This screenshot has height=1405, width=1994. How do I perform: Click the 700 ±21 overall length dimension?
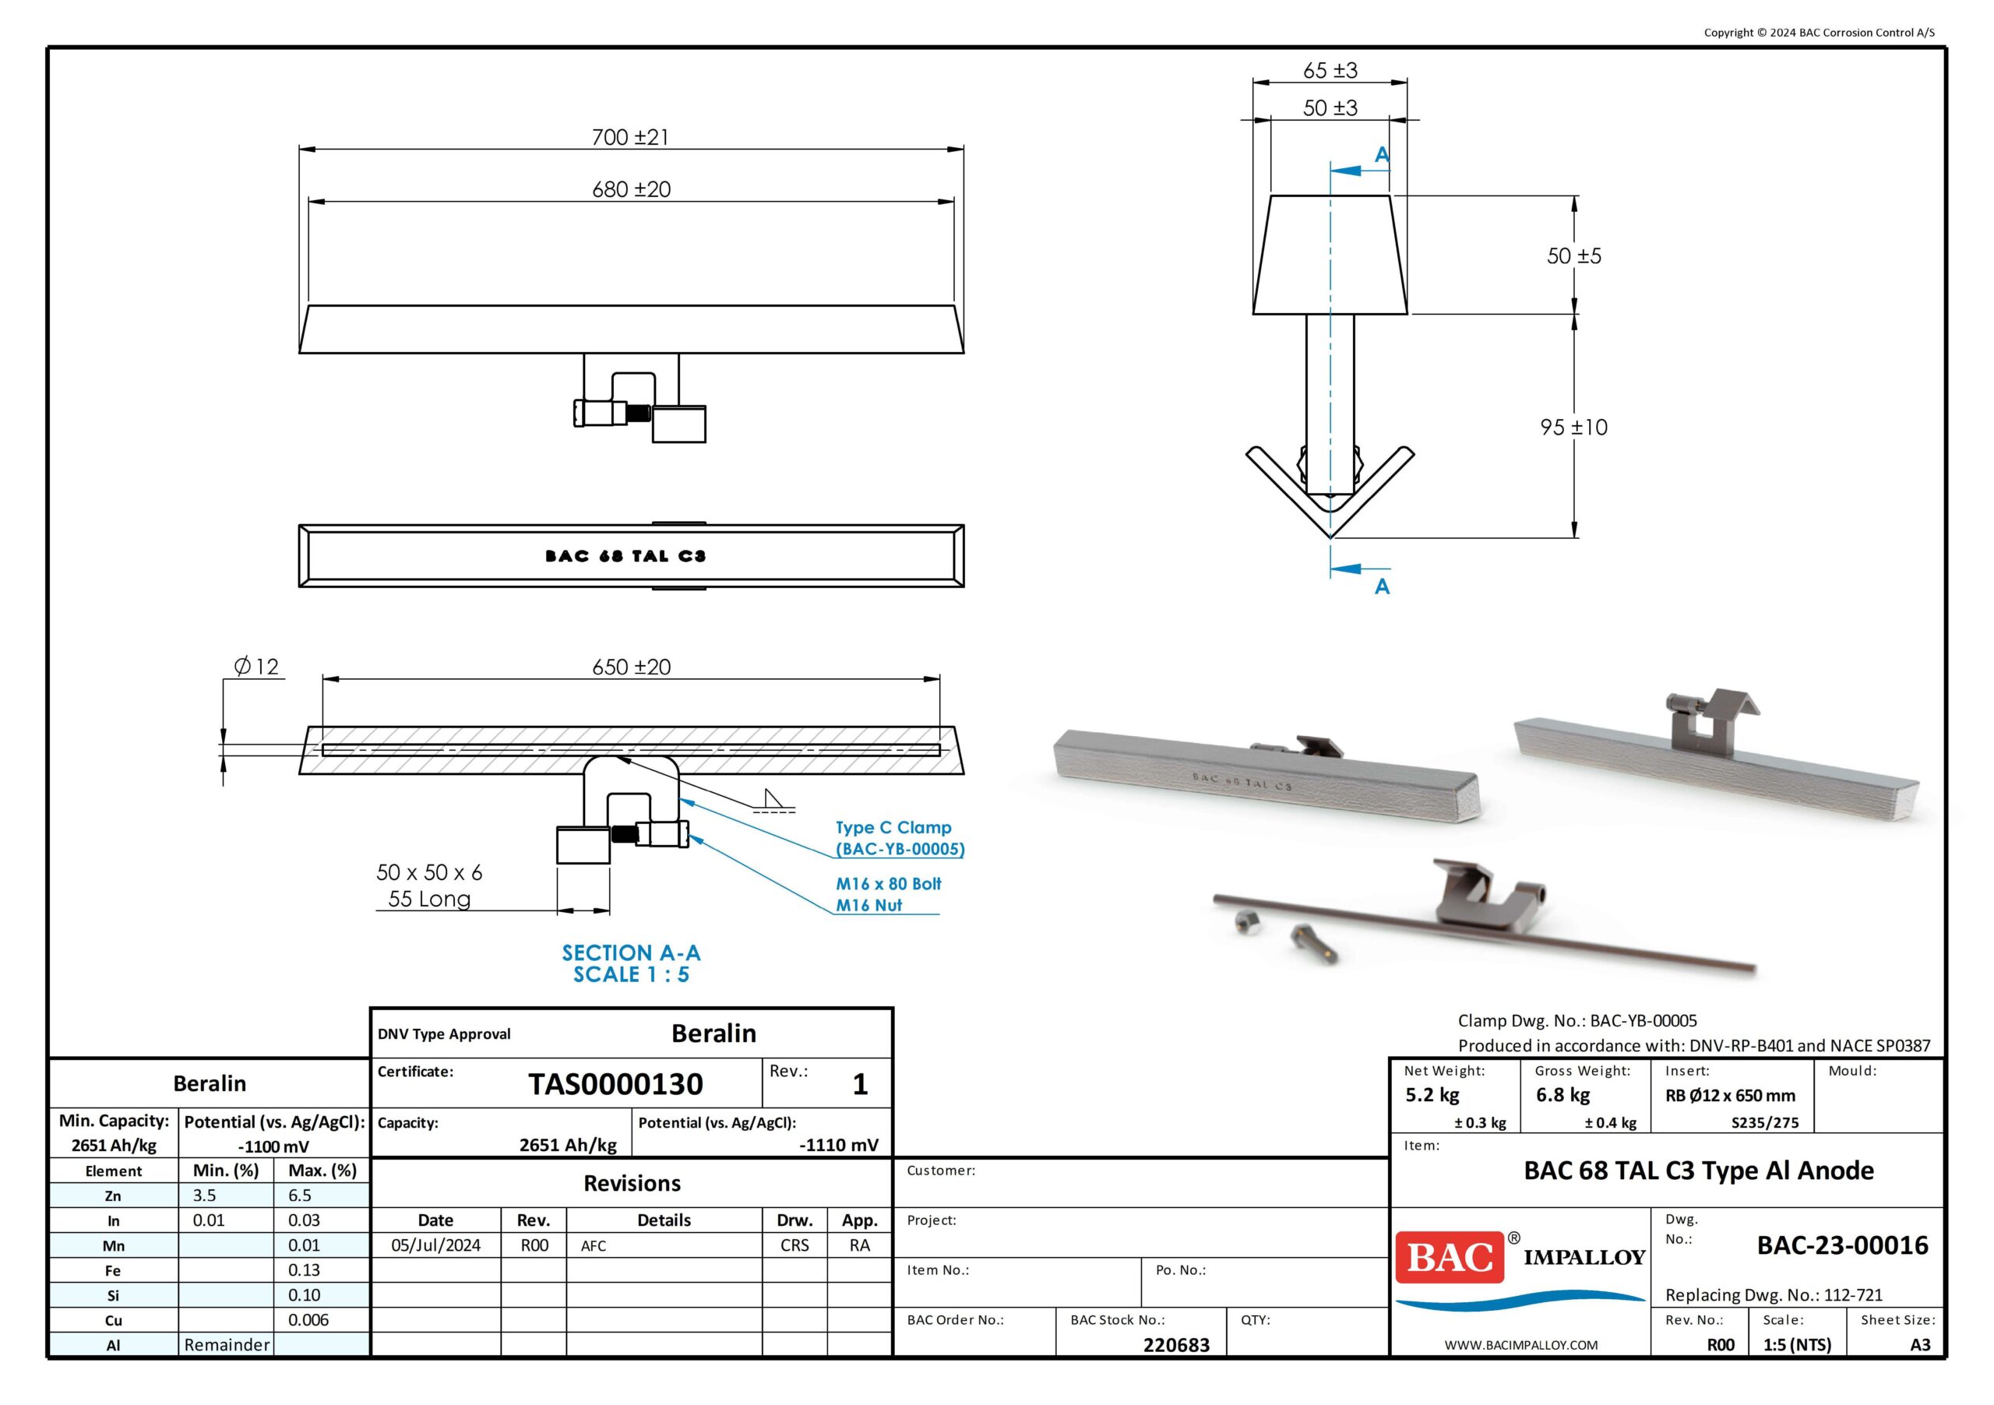[630, 137]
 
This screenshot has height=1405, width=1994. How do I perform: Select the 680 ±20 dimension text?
[632, 189]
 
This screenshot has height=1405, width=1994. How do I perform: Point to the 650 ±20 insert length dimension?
[632, 667]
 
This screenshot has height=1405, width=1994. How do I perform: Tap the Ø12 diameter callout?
[256, 666]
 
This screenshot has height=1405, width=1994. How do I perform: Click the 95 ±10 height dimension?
[1573, 428]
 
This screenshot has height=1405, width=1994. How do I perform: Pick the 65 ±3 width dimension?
[1330, 70]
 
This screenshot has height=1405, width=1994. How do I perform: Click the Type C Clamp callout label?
[894, 828]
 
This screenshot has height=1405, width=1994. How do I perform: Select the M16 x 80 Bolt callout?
[889, 883]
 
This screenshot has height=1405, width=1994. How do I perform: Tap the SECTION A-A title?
[632, 953]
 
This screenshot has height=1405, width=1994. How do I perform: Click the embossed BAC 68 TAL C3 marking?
[625, 556]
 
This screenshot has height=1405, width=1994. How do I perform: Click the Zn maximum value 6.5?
[300, 1195]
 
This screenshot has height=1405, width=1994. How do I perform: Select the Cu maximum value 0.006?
[308, 1319]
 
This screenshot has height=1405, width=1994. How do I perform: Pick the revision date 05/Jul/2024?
[435, 1245]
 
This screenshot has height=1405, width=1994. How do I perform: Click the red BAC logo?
[1450, 1257]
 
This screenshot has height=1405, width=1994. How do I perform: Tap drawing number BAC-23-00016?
[1842, 1245]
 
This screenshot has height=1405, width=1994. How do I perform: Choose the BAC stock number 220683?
[1176, 1344]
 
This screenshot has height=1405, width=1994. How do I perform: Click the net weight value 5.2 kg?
[1432, 1095]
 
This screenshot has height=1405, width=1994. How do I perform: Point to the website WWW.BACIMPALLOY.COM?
[1520, 1344]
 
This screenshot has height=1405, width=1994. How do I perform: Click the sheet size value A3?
[1920, 1344]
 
